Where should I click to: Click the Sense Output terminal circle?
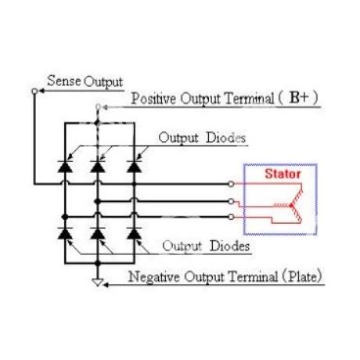(x=34, y=91)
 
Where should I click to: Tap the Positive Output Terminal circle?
(x=98, y=106)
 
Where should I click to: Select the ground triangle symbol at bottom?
(x=98, y=283)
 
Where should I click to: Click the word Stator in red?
(x=283, y=174)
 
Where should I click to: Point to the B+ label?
(x=300, y=98)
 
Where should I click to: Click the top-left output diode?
(x=65, y=167)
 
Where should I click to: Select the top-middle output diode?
(x=98, y=167)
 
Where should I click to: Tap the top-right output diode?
(x=135, y=167)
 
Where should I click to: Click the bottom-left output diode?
(x=65, y=233)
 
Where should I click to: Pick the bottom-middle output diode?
(x=98, y=233)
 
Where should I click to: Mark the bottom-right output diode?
(x=135, y=233)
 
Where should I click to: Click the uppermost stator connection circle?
(x=231, y=184)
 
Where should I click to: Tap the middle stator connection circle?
(x=231, y=201)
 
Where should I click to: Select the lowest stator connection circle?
(x=231, y=217)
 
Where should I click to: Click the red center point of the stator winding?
(x=292, y=206)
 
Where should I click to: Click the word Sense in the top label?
(x=64, y=81)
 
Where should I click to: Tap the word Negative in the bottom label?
(x=154, y=276)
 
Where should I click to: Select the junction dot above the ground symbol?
(x=98, y=264)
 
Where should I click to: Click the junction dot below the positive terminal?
(x=98, y=122)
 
